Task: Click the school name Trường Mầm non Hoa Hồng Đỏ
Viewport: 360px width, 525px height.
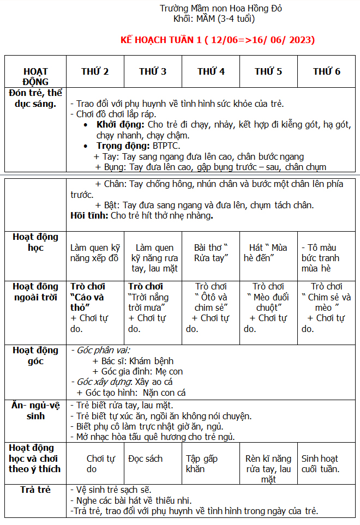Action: [220, 8]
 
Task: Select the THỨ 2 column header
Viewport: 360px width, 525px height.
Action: [95, 71]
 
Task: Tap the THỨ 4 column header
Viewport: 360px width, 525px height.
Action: [211, 71]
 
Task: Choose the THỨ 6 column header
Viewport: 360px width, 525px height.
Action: [327, 71]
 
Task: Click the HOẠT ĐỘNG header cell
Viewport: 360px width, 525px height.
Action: [35, 76]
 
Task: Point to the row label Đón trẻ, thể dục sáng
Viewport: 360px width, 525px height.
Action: [35, 98]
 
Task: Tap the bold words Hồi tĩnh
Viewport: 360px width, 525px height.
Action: [89, 215]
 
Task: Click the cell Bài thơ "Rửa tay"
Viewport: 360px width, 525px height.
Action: [211, 252]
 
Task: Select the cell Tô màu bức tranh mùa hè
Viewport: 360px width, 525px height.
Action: [322, 258]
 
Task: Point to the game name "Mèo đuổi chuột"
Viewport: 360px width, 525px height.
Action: [268, 302]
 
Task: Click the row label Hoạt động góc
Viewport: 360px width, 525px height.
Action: [35, 355]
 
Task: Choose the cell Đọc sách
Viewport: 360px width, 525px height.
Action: [146, 458]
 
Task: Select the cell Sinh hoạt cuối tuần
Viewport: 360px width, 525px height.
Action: [320, 463]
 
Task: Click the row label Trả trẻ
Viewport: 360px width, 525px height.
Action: [35, 490]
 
